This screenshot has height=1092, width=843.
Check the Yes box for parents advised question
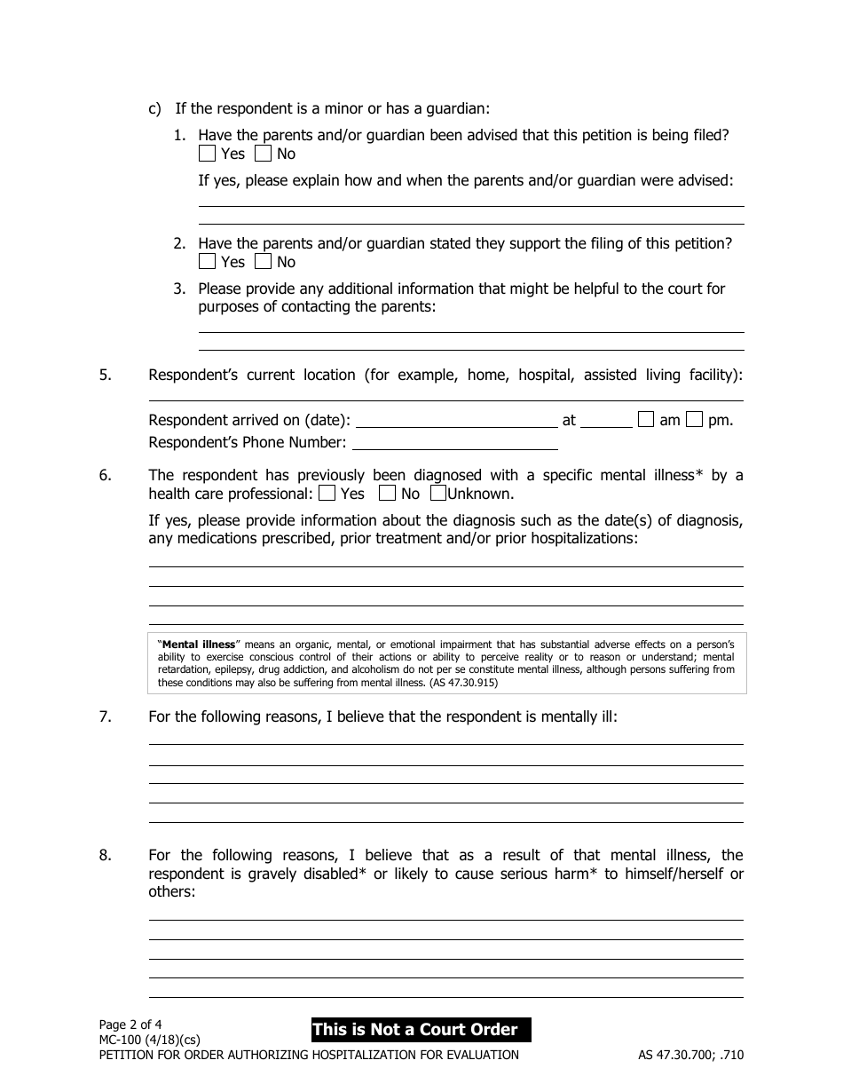(207, 154)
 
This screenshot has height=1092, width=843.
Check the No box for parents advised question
(263, 154)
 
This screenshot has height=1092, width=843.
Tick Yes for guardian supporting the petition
(207, 262)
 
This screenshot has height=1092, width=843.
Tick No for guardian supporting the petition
(263, 262)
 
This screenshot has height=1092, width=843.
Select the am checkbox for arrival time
(647, 420)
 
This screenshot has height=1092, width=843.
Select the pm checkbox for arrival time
(695, 420)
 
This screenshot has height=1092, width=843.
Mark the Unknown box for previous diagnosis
(438, 493)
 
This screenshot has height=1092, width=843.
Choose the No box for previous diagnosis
(387, 493)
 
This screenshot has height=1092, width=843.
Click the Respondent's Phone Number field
(454, 442)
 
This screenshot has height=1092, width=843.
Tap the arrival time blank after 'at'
(607, 421)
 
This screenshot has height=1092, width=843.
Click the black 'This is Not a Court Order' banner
(421, 1030)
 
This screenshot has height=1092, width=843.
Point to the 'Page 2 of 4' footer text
(130, 1023)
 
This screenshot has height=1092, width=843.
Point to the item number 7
(105, 716)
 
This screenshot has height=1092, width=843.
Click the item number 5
(105, 375)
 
